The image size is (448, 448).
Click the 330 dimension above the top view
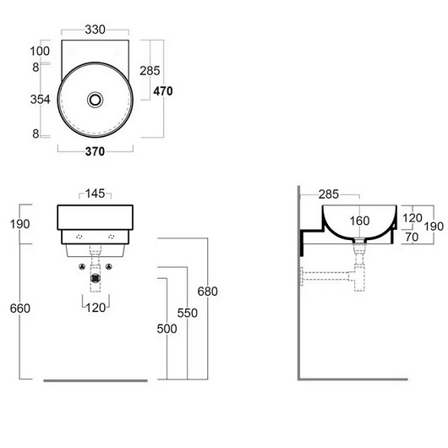tap(96, 30)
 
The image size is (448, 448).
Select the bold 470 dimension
tap(163, 91)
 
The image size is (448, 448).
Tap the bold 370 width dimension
tap(96, 151)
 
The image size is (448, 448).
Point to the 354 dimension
tap(41, 100)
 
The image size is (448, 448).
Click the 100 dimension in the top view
tap(40, 52)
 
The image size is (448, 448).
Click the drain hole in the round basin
tap(96, 100)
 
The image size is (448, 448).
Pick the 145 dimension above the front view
tap(96, 194)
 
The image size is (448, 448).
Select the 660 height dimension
tap(20, 309)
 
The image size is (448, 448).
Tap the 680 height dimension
tap(208, 292)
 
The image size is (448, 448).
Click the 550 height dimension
tap(188, 313)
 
